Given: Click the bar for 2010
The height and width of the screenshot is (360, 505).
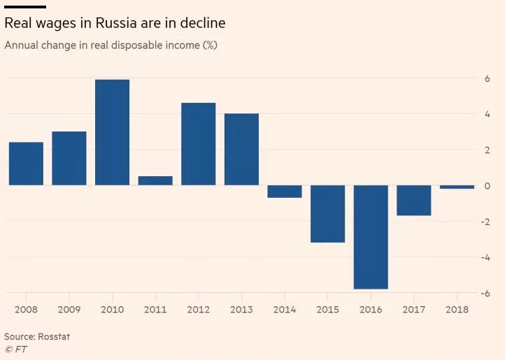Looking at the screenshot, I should coord(112,132).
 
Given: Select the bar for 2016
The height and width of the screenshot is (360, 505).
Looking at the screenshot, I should coord(371,237).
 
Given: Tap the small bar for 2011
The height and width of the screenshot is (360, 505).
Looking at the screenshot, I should coord(155,180).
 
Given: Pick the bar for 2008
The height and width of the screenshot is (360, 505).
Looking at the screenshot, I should coord(26,164).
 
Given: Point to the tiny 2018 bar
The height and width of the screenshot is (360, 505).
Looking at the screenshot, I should coord(457,187).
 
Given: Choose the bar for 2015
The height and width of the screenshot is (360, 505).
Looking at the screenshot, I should coord(327,213).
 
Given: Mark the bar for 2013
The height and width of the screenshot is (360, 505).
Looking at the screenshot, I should coord(241,149).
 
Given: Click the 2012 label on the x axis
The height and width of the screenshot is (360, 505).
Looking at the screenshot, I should coord(199,308).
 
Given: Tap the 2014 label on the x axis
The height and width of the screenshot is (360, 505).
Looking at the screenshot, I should coord(285,308).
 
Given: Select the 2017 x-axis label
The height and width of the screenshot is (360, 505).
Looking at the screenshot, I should coord(414,308).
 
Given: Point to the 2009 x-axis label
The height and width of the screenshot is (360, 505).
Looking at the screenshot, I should coord(69,308).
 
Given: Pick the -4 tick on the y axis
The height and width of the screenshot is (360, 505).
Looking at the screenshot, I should coord(485,257).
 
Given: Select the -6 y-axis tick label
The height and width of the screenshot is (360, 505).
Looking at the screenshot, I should coord(485,293).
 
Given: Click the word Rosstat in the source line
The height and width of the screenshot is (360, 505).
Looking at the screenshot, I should coord(54,336).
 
